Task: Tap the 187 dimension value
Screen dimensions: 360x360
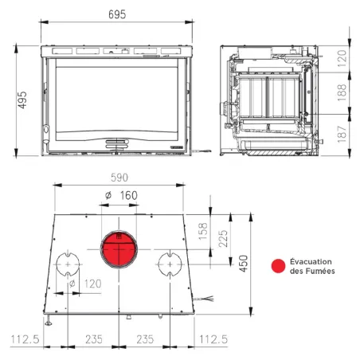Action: [342, 135]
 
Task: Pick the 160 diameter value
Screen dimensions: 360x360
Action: [127, 195]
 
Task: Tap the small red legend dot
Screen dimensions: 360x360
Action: [278, 266]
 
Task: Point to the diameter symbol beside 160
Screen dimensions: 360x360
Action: [107, 195]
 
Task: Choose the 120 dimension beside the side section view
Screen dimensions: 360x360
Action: [342, 57]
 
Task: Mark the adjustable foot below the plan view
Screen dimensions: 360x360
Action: [49, 322]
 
